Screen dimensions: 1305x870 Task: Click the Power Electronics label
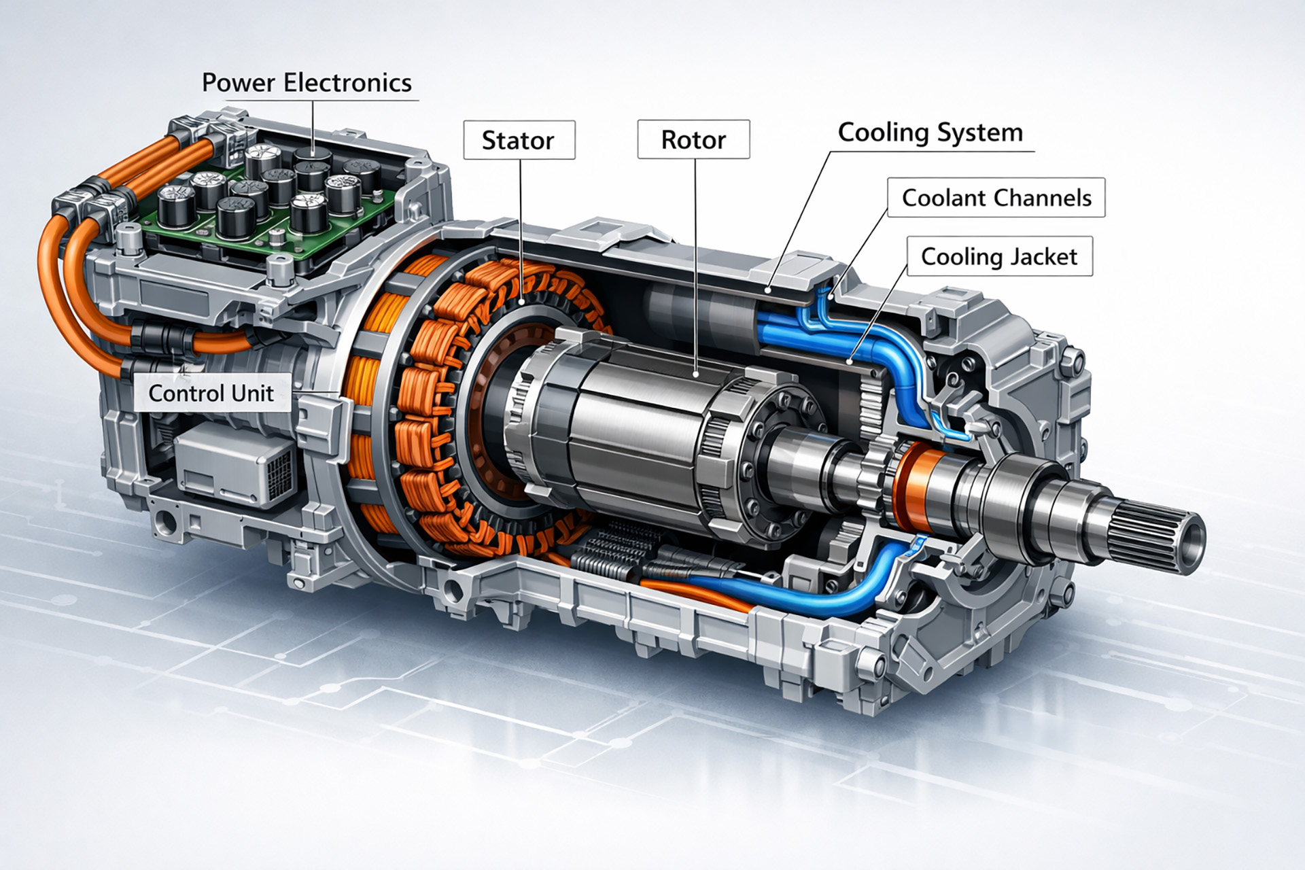(x=307, y=83)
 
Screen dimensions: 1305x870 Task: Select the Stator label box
(x=519, y=140)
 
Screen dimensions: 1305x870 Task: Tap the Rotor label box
(x=693, y=139)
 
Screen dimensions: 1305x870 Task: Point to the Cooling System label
(x=930, y=133)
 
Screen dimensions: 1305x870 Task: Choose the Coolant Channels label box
(x=996, y=198)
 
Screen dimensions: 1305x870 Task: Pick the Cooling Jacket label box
(x=1000, y=256)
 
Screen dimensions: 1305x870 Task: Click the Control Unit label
(x=211, y=393)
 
